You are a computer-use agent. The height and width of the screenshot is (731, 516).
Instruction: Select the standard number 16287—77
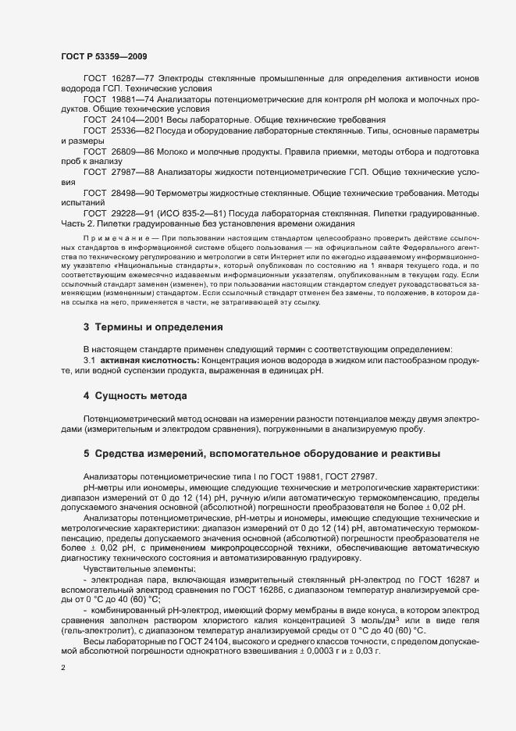pyautogui.click(x=133, y=80)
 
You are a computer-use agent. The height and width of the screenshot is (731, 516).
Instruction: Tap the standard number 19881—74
pyautogui.click(x=133, y=100)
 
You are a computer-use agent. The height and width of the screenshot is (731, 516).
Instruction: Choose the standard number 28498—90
pyautogui.click(x=133, y=191)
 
